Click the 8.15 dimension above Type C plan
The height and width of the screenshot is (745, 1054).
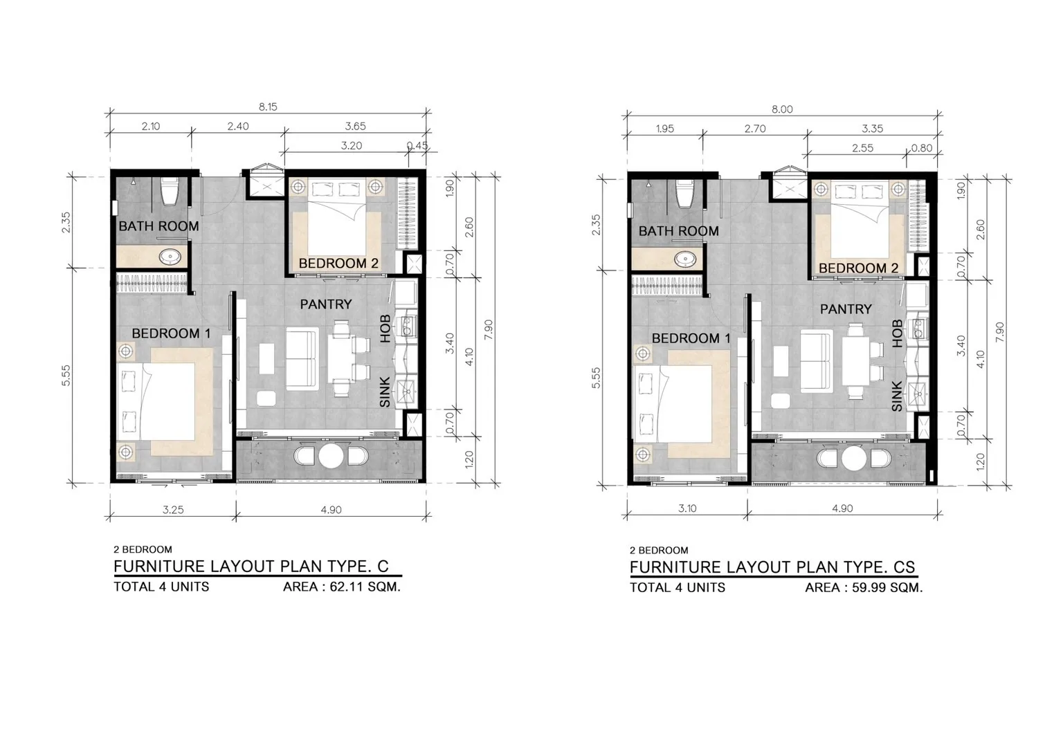268,107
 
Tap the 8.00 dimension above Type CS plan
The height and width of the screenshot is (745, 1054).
782,109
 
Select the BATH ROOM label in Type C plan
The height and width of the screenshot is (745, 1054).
158,226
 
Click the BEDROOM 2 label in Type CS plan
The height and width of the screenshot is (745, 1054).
858,268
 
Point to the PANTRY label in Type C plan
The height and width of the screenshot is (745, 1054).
325,304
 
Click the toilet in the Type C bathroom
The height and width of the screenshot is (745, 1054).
168,191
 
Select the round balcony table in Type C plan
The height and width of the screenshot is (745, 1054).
331,455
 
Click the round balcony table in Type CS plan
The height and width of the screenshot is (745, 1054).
853,458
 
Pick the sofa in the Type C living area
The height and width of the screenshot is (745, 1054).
302,359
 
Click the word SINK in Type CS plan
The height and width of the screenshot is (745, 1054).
897,396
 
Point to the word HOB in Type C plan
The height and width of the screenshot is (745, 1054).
385,329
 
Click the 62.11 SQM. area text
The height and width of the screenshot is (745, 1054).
365,587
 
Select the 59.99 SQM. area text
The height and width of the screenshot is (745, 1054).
887,587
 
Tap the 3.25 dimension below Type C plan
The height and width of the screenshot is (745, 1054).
173,510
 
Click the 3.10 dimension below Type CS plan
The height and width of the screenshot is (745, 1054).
687,508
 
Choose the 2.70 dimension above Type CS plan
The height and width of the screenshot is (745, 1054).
755,129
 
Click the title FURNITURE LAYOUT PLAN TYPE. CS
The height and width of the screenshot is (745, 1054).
772,567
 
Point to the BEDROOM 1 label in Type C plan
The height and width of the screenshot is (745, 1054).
171,333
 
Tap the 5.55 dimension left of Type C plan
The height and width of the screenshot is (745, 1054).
66,376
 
